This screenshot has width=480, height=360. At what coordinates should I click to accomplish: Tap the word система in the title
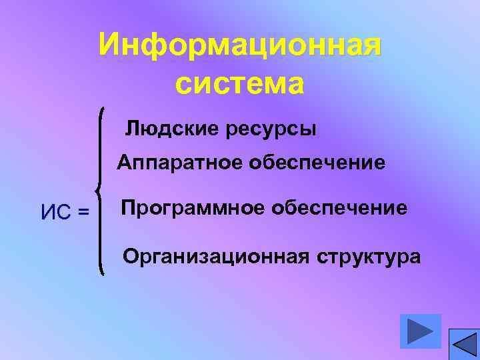pyautogui.click(x=240, y=85)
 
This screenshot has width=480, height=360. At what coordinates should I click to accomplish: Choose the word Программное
pyautogui.click(x=187, y=208)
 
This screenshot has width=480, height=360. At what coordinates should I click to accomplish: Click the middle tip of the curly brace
pyautogui.click(x=98, y=191)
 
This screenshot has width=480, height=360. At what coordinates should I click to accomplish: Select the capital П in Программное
pyautogui.click(x=127, y=208)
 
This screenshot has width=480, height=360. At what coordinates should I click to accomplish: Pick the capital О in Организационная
pyautogui.click(x=130, y=256)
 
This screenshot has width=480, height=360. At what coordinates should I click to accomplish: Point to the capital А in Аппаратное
pyautogui.click(x=125, y=163)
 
